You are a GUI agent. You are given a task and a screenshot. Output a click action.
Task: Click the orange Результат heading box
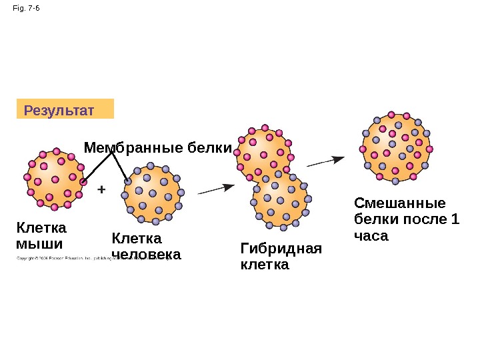click(x=65, y=109)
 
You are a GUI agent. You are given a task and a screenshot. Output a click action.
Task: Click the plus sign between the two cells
click(x=101, y=189)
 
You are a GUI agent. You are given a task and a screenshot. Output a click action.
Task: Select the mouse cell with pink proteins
click(x=55, y=178)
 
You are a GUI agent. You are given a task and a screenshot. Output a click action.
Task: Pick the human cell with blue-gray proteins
click(x=153, y=193)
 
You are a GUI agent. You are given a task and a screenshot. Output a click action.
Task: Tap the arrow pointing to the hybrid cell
click(x=216, y=189)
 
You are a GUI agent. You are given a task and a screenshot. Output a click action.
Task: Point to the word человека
click(x=146, y=255)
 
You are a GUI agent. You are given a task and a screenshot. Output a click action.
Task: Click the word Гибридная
click(x=280, y=249)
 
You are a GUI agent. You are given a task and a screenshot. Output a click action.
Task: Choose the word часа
click(x=371, y=235)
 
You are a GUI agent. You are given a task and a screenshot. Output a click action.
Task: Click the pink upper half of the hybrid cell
click(x=265, y=153)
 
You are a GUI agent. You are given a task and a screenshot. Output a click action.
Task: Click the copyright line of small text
click(x=87, y=258)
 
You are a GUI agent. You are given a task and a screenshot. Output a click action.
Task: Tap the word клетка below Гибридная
click(x=264, y=265)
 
